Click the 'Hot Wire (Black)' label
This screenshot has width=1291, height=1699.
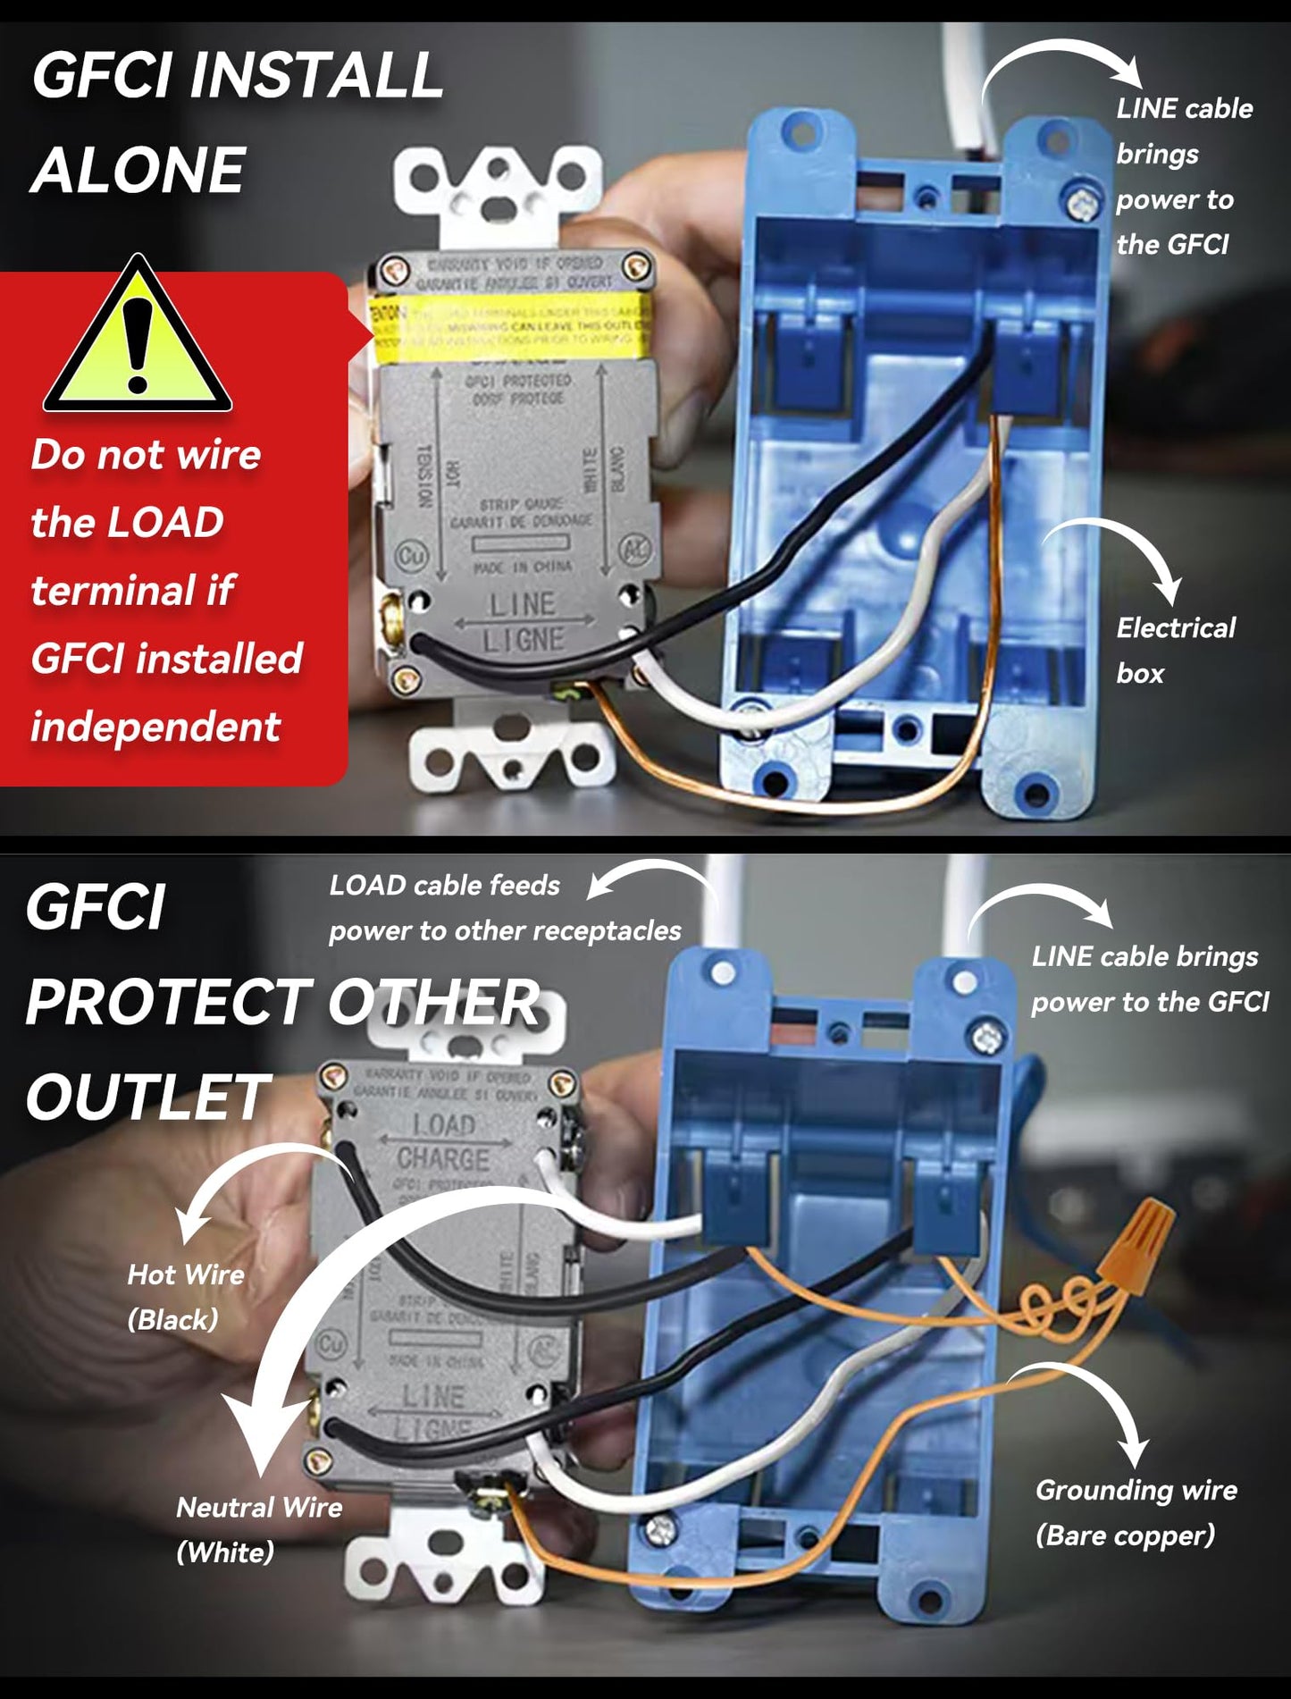pos(185,1296)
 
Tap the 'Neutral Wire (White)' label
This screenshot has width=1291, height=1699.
pos(259,1528)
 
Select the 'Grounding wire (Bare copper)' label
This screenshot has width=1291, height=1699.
pos(1136,1512)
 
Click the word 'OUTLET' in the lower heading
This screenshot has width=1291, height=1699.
pos(147,1098)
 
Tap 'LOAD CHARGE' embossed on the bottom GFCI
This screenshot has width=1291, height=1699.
pos(443,1141)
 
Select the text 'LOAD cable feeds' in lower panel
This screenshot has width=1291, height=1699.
pos(444,885)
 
